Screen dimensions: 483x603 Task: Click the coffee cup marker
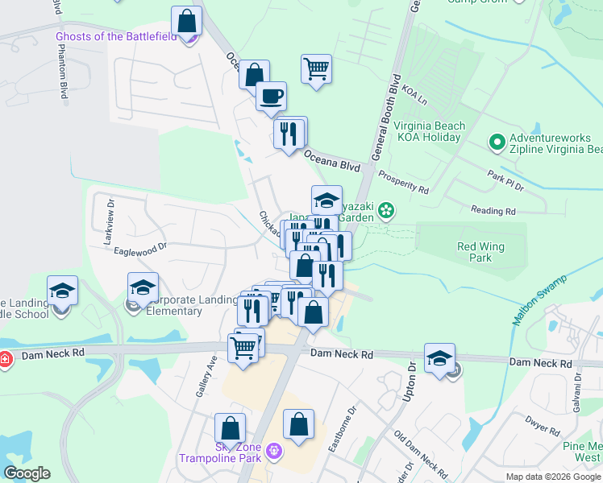pos(271,95)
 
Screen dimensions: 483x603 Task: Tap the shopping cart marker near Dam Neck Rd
pos(243,347)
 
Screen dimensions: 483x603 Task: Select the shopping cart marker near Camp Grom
pos(317,68)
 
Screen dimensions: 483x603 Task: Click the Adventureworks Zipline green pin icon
pos(497,143)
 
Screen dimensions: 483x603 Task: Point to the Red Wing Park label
pos(474,252)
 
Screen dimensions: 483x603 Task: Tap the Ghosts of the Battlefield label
pos(115,36)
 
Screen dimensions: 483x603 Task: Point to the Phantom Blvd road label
pos(62,70)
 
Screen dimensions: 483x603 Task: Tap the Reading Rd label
pos(493,211)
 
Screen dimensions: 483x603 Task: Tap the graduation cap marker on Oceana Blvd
pos(326,200)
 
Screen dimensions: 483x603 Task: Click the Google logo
pos(27,473)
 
